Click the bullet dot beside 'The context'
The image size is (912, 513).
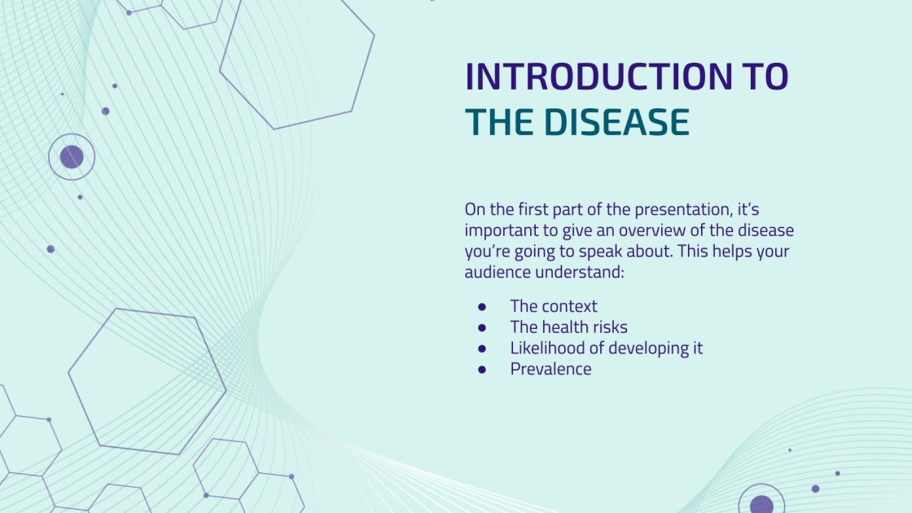point(481,306)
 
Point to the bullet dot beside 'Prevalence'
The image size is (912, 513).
point(481,370)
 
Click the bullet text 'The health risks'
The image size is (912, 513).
point(569,327)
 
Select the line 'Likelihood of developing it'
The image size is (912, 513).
point(606,348)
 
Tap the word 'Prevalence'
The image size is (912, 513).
point(550,369)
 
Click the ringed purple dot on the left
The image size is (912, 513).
point(72,157)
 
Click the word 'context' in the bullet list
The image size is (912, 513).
point(571,306)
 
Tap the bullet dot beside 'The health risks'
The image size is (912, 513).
point(481,327)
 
